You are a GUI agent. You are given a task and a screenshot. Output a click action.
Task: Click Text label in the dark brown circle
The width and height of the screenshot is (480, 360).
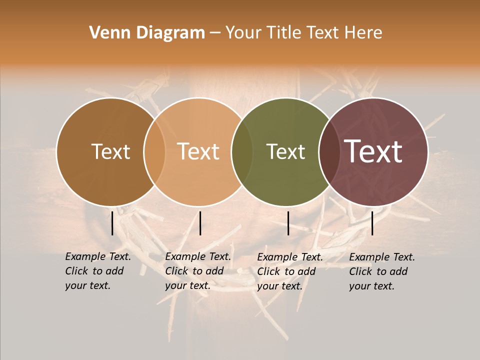point(110,151)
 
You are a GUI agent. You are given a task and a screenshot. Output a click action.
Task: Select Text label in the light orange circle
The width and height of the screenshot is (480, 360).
point(198,151)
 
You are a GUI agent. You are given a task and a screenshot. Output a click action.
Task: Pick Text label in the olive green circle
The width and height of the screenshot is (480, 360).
point(286,151)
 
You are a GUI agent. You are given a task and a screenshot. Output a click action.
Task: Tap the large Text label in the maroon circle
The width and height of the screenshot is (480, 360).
point(373,151)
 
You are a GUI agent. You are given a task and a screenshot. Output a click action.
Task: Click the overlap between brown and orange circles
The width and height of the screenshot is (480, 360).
point(154,151)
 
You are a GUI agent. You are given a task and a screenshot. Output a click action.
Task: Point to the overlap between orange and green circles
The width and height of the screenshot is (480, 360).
point(242,151)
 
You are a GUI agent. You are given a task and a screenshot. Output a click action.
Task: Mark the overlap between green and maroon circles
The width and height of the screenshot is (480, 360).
point(329,151)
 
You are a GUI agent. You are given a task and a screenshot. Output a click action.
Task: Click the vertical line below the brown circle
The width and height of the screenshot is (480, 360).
point(112,223)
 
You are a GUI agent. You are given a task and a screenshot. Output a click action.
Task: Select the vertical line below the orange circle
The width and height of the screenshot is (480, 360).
point(200,223)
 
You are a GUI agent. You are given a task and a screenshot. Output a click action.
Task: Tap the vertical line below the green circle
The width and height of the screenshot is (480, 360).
point(288,223)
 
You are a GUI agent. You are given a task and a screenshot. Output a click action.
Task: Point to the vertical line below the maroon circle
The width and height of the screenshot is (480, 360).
point(372,223)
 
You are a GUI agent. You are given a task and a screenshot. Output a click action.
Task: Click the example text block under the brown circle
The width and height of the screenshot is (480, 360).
point(98,271)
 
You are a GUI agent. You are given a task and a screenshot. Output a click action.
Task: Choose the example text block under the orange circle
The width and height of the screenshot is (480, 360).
point(198,271)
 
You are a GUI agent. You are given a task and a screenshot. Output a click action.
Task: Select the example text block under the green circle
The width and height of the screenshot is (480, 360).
point(290,271)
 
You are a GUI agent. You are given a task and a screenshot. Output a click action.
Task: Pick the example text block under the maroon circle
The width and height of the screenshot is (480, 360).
point(382,271)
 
